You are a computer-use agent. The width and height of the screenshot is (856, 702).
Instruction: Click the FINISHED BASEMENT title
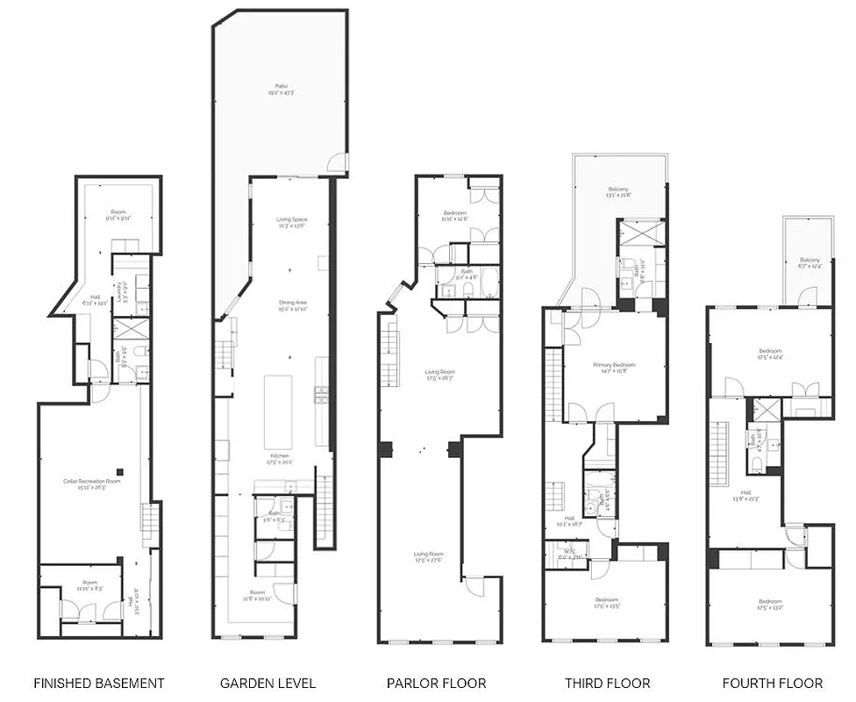click(x=98, y=683)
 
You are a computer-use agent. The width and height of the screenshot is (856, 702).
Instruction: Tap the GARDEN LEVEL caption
click(x=267, y=683)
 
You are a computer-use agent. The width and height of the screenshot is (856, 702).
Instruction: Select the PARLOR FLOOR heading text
click(x=437, y=683)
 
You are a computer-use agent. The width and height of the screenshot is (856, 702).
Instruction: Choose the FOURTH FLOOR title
click(x=772, y=683)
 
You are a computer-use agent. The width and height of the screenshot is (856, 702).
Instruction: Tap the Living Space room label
click(x=291, y=221)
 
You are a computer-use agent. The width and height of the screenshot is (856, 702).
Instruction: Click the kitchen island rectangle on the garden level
click(x=278, y=412)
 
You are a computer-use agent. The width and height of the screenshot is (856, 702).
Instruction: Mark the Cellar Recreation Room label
click(x=91, y=482)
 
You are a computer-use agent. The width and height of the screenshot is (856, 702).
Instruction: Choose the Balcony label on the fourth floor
click(x=809, y=261)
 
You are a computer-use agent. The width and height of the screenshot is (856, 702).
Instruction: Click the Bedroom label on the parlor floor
click(x=454, y=214)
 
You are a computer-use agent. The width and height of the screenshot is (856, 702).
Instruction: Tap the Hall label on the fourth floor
click(x=744, y=493)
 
